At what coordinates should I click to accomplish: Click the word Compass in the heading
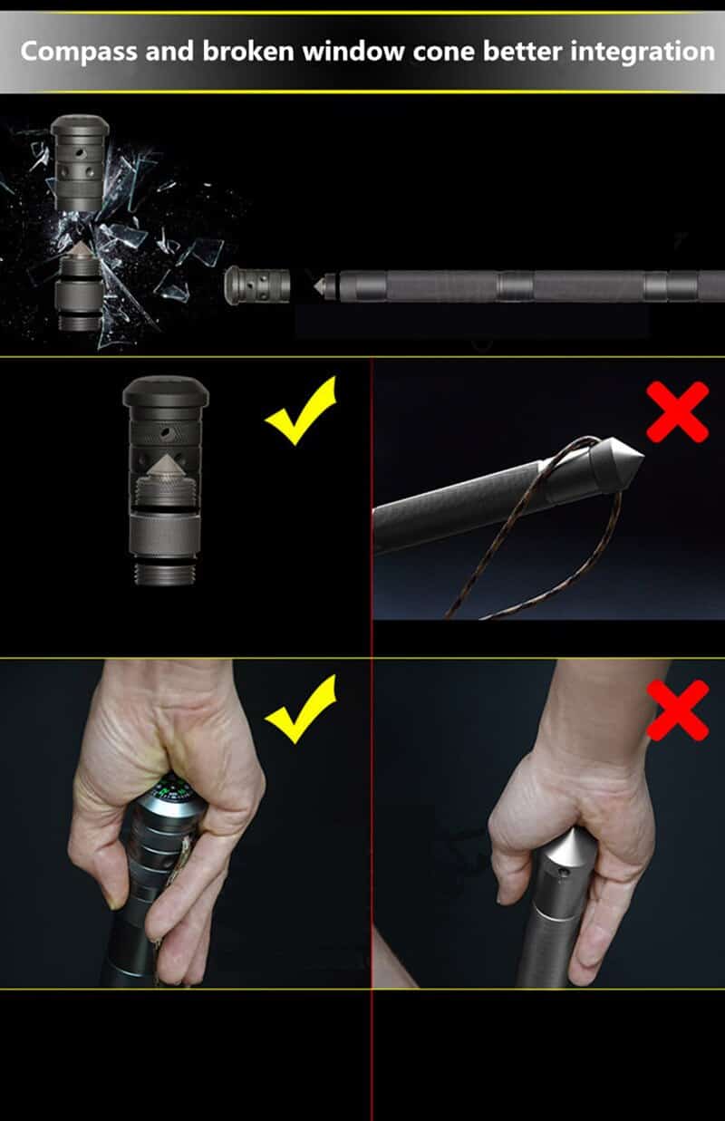click(x=79, y=53)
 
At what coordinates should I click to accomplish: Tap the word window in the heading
click(x=353, y=52)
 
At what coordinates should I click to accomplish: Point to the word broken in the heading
click(x=248, y=52)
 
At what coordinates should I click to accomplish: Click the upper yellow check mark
click(x=301, y=411)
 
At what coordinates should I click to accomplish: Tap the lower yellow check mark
click(x=301, y=710)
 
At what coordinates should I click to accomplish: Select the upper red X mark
click(x=678, y=411)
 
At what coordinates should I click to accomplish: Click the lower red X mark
click(x=678, y=710)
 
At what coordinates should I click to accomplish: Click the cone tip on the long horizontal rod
click(x=320, y=286)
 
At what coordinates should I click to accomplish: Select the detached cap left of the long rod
click(x=257, y=285)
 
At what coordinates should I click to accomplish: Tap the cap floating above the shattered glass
click(x=80, y=162)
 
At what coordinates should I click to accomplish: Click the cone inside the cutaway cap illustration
click(x=164, y=466)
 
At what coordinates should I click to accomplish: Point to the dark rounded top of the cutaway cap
click(x=166, y=391)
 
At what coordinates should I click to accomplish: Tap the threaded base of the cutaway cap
click(x=166, y=574)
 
